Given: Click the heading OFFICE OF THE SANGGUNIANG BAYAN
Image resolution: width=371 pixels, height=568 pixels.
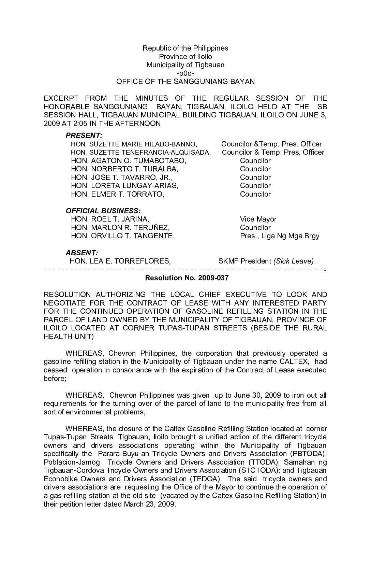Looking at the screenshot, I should tap(185, 82).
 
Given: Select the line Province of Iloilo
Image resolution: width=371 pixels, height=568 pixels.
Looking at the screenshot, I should tap(185, 56).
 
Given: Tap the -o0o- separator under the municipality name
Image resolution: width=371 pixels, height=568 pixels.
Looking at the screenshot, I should tap(185, 73).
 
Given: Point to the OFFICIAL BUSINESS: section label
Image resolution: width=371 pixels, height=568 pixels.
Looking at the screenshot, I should tap(103, 211).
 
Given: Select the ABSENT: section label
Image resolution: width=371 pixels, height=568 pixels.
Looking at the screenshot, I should tap(82, 253).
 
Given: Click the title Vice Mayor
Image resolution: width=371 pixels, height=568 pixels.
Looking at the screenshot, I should tap(258, 219).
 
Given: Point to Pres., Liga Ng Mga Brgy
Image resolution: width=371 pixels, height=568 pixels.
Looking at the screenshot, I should tap(280, 236).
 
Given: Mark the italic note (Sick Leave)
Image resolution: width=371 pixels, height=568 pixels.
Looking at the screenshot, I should tap(293, 261).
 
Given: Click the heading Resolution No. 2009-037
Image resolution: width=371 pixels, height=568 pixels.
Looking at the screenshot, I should tap(187, 278).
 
